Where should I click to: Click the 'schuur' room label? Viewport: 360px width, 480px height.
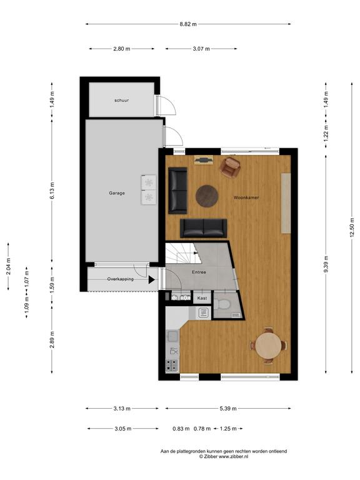pyautogui.click(x=121, y=100)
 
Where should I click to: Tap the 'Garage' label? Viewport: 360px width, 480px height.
pyautogui.click(x=117, y=193)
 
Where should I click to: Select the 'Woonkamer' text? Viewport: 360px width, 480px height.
pyautogui.click(x=246, y=197)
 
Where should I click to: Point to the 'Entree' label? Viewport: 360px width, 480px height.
pyautogui.click(x=199, y=272)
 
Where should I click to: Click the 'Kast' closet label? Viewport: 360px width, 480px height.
pyautogui.click(x=202, y=298)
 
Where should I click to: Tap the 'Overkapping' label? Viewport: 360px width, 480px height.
pyautogui.click(x=120, y=279)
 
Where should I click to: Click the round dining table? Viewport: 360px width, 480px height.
pyautogui.click(x=268, y=346)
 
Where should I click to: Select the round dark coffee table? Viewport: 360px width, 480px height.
pyautogui.click(x=207, y=196)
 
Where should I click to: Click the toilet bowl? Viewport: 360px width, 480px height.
pyautogui.click(x=222, y=304)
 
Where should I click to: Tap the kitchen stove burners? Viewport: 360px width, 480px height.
pyautogui.click(x=172, y=365)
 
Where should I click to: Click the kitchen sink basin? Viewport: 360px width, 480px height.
pyautogui.click(x=172, y=336)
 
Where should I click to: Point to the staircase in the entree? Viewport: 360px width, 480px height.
pyautogui.click(x=183, y=254)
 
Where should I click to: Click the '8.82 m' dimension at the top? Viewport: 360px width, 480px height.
pyautogui.click(x=188, y=24)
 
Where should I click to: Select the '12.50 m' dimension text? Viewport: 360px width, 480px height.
pyautogui.click(x=352, y=227)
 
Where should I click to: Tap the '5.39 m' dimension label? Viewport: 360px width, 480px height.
pyautogui.click(x=228, y=408)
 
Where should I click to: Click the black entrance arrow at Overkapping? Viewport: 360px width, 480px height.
pyautogui.click(x=151, y=279)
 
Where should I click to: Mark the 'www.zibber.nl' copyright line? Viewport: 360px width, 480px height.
pyautogui.click(x=224, y=456)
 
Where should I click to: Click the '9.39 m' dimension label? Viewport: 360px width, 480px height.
pyautogui.click(x=326, y=264)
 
